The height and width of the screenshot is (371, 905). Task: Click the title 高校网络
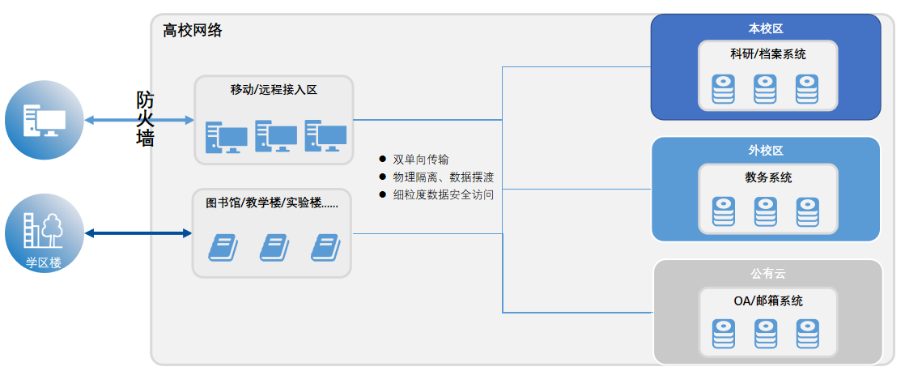click(192, 31)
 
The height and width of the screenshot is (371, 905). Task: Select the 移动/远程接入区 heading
click(274, 90)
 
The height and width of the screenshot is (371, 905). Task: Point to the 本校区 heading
click(765, 29)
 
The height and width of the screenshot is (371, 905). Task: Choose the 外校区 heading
click(765, 151)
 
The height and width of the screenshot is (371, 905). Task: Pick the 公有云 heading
click(767, 272)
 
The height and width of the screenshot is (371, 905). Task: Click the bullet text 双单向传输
click(420, 159)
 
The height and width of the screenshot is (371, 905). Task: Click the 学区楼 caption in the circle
click(44, 262)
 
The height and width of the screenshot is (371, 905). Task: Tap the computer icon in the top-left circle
click(44, 121)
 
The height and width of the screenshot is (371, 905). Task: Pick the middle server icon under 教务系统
click(765, 211)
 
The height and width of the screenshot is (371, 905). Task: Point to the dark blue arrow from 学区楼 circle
click(138, 233)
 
